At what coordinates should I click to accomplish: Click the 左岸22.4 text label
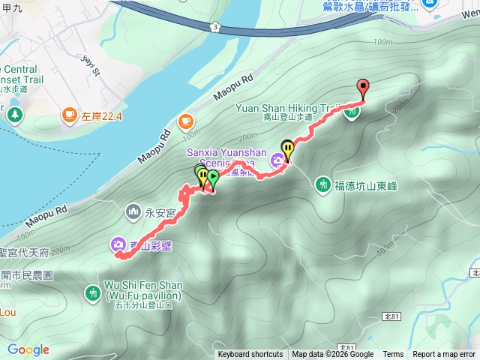102,115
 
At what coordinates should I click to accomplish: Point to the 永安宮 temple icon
133,212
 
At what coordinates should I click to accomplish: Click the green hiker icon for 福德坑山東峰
324,184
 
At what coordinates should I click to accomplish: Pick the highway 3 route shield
215,27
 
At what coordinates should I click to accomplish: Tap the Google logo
28,349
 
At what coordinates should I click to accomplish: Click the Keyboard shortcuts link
250,355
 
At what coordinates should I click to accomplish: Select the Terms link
393,355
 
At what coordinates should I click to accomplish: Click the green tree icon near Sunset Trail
16,115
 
